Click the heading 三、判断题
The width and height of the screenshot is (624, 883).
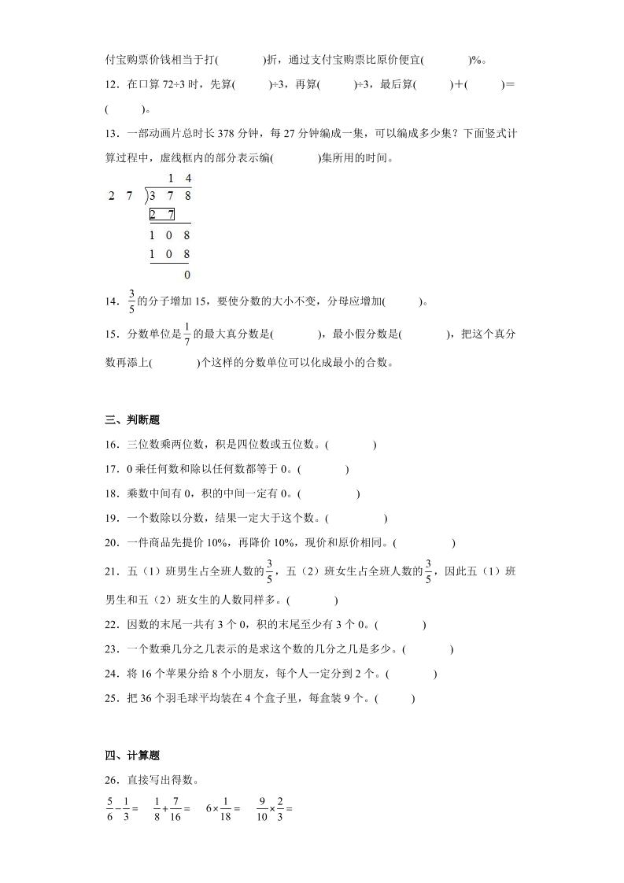pos(131,419)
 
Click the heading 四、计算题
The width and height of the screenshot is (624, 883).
pos(131,755)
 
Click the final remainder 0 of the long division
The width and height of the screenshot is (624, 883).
pos(186,275)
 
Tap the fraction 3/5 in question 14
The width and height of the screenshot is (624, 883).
pos(131,300)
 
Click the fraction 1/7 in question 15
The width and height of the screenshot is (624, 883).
pos(186,333)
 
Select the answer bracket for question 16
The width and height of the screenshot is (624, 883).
pos(350,445)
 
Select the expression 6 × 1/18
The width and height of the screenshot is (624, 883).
pos(223,808)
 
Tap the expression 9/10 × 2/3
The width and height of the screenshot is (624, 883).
pos(275,808)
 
